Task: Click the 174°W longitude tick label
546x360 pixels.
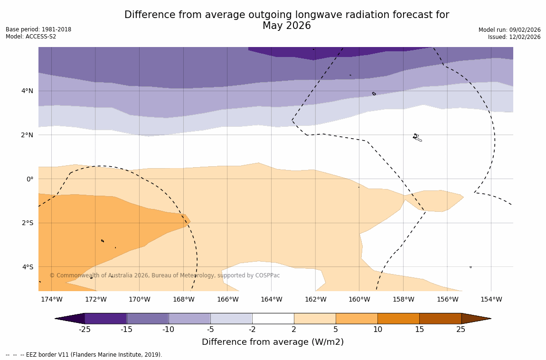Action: click(51, 300)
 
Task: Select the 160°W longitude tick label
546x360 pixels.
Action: click(359, 300)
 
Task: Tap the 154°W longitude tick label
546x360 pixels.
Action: click(491, 300)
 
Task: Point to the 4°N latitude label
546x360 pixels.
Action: click(27, 91)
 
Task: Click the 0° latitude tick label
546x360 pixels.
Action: click(30, 179)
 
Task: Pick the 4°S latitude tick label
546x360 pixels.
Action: click(27, 267)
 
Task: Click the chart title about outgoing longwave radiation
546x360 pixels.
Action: click(287, 20)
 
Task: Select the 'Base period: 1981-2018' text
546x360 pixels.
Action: click(38, 29)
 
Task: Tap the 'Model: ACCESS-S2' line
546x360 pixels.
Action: click(31, 37)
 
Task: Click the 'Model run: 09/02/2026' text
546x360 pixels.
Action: click(509, 30)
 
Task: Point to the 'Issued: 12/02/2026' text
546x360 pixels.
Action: click(514, 37)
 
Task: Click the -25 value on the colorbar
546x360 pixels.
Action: click(85, 330)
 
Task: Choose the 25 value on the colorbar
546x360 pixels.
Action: click(461, 330)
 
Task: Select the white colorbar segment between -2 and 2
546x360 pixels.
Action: click(273, 318)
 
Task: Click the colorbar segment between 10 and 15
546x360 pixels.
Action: click(398, 318)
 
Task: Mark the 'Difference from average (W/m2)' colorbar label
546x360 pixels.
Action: click(273, 342)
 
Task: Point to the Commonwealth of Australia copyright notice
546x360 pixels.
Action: click(165, 275)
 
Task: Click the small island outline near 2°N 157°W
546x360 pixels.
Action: click(417, 138)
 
